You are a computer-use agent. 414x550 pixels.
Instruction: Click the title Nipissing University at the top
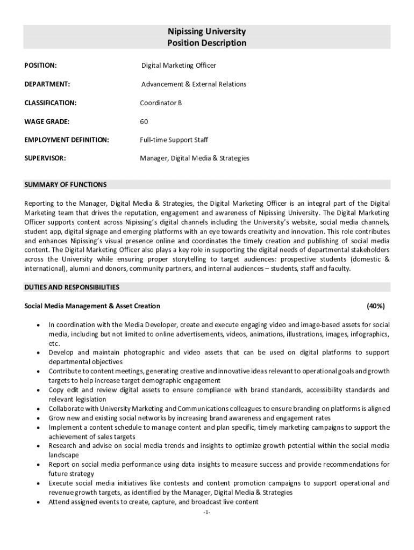(206, 32)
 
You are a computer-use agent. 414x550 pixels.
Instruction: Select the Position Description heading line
(206, 43)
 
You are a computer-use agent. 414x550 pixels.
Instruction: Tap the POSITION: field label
(40, 66)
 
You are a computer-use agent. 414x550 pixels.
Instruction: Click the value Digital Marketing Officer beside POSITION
(179, 66)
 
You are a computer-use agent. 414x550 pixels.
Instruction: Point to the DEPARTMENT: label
(47, 84)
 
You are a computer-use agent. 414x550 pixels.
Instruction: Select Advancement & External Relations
(194, 84)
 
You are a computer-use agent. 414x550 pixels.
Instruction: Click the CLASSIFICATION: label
(51, 103)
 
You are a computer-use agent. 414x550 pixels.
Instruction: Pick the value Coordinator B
(161, 103)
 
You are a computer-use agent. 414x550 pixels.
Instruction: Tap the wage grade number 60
(144, 121)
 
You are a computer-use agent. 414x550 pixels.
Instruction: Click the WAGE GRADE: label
(47, 121)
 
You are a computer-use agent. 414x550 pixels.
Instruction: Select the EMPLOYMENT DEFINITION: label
(67, 140)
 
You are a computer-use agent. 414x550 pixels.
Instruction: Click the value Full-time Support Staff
(174, 140)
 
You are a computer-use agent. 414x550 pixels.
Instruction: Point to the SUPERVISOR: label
(45, 158)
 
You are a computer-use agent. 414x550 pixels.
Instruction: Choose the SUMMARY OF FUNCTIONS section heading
(66, 185)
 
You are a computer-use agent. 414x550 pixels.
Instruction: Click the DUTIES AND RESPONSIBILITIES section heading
(72, 287)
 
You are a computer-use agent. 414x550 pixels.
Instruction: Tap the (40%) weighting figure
(375, 306)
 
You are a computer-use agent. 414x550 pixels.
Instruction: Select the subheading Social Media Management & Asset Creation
(92, 306)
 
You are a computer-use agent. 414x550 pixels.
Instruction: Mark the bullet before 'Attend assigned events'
(38, 503)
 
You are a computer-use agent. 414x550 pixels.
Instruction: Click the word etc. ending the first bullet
(54, 344)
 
